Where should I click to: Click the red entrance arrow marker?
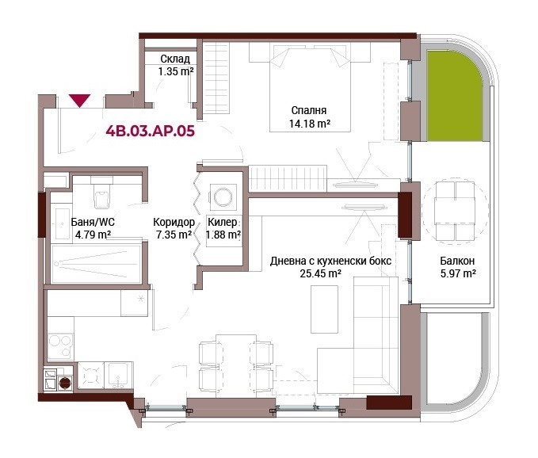coord(79,101)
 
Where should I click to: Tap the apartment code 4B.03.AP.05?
coord(151,131)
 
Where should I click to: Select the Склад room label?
coord(175,59)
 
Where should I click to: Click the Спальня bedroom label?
coord(309,110)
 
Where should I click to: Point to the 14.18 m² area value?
coord(310,123)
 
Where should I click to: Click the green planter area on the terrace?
coord(454,95)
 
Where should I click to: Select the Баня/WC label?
coord(93,222)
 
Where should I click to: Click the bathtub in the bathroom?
coord(96,264)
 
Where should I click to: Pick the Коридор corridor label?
coord(174,222)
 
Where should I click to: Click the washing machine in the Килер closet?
coord(223,197)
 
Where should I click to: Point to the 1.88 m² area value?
coord(223,235)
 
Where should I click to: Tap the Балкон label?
coord(457,261)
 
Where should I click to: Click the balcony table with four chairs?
coord(455,211)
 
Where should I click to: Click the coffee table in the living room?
coord(324,309)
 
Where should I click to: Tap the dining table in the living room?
coord(236,366)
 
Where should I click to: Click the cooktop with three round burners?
coord(61,345)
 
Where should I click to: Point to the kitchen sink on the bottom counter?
coord(119,376)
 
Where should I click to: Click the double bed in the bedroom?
coord(310,87)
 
